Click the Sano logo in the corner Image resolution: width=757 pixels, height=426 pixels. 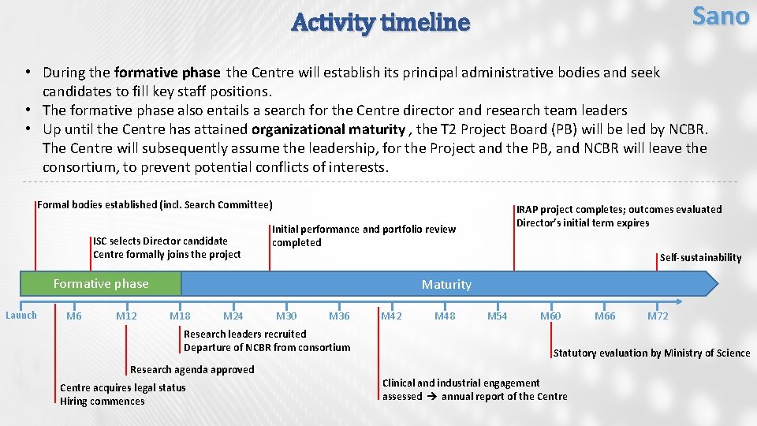pos(720,16)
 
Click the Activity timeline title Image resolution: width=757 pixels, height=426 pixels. pos(380,23)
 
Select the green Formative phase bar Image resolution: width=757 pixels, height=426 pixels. pos(100,284)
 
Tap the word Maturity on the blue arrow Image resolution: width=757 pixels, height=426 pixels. pos(446,284)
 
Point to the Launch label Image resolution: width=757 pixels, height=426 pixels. pos(21,316)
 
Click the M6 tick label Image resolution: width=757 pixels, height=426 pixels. pos(74,316)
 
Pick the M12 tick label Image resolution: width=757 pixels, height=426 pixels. pos(126,316)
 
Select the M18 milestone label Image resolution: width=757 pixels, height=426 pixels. pos(180,316)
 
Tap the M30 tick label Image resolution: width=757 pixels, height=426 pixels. pos(286,316)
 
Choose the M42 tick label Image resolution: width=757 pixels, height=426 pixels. pos(391,316)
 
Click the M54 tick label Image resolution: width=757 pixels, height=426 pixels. pos(497,316)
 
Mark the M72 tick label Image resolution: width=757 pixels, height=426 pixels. pos(658,316)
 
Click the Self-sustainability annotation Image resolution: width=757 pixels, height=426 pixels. pos(700,257)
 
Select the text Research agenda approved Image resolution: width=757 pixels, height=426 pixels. pos(192,369)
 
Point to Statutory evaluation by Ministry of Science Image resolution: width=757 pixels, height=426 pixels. pos(651,353)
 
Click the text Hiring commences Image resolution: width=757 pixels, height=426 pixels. pos(103,402)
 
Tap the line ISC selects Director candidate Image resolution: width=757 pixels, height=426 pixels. pos(160,241)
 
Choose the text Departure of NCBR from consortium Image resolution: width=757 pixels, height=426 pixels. pos(267,347)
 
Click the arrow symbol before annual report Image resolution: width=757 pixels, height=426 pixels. pos(431,397)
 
